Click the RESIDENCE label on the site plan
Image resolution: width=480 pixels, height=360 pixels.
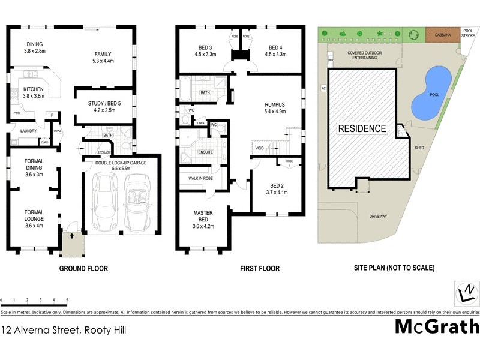coord(362,128)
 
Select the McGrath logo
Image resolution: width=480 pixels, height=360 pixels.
coord(437,327)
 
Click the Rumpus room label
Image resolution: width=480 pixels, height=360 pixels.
coord(274,107)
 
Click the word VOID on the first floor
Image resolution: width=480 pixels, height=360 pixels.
coord(259,148)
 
